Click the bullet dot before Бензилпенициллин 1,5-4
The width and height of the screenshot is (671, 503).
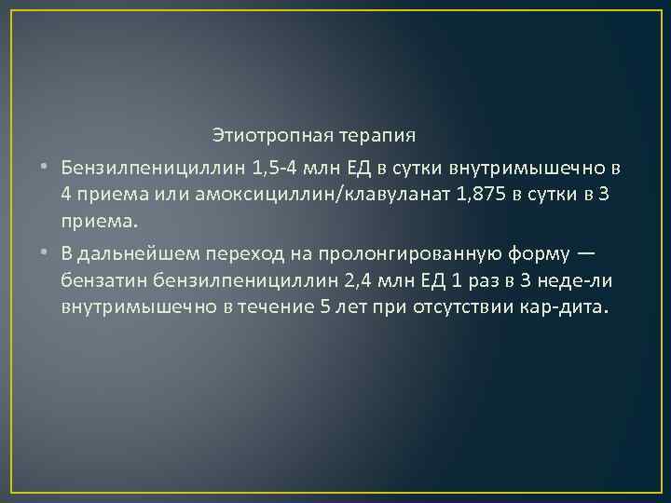[45, 169]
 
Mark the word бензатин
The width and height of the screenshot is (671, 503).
[98, 281]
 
